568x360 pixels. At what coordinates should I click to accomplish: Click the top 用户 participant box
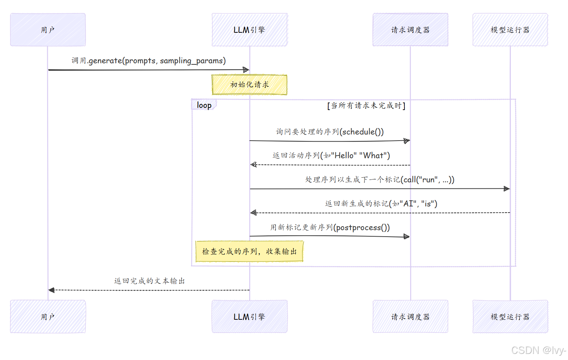coord(48,30)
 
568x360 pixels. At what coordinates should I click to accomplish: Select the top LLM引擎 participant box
coord(249,30)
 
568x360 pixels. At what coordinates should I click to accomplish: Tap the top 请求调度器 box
coord(410,30)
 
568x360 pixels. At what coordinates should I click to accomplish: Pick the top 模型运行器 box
coord(510,30)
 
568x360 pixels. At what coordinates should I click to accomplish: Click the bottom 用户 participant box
coord(48,316)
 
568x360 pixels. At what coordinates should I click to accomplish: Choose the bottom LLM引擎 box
coord(249,316)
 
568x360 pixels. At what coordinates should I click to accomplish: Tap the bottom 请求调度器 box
coord(410,316)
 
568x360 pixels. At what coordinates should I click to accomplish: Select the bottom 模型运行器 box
coord(510,316)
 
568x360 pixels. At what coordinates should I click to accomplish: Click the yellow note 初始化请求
coord(249,85)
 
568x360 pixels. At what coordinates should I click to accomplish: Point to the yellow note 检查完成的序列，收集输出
coord(249,251)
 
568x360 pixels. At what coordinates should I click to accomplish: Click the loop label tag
coord(204,105)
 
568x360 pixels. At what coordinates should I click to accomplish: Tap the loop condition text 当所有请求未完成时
coord(366,105)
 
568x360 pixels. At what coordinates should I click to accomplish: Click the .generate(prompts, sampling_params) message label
coord(148,61)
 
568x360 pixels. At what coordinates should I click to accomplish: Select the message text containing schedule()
coord(330,132)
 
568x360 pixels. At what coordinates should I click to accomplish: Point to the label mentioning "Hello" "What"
coord(331,155)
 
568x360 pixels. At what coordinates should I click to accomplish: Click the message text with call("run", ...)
coord(380,179)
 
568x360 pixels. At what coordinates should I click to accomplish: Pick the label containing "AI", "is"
coord(381,204)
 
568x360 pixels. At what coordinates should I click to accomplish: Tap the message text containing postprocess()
coord(330,227)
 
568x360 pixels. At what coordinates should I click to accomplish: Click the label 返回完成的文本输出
coord(149,281)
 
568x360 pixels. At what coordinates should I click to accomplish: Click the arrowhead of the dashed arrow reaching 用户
coord(51,290)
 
